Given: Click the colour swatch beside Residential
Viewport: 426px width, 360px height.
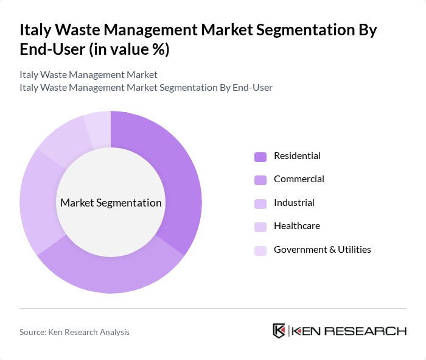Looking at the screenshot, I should pyautogui.click(x=260, y=157).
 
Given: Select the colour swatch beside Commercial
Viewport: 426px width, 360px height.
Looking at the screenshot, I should pyautogui.click(x=260, y=180).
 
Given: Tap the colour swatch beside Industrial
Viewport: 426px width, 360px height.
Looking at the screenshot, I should pyautogui.click(x=260, y=203).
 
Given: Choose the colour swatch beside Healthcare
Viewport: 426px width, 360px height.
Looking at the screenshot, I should pyautogui.click(x=260, y=227).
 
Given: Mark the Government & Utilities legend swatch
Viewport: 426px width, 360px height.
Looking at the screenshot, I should pyautogui.click(x=260, y=250).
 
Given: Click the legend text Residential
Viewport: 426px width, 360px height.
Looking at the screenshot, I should pyautogui.click(x=297, y=156).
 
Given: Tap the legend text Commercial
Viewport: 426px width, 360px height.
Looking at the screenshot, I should pyautogui.click(x=299, y=179).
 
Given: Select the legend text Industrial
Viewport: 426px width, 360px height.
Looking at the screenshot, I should pyautogui.click(x=294, y=203).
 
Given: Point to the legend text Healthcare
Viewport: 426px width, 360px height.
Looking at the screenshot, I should pyautogui.click(x=296, y=226).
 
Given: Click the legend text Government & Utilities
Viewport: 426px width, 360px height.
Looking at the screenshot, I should pyautogui.click(x=322, y=250).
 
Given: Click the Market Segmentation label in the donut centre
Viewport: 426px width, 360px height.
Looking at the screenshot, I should pyautogui.click(x=111, y=203).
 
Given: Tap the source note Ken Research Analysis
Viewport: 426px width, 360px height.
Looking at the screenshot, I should pyautogui.click(x=74, y=332).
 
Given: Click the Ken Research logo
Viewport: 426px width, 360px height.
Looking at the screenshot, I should pyautogui.click(x=339, y=331).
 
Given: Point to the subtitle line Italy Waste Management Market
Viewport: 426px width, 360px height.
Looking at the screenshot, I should pyautogui.click(x=88, y=75).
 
